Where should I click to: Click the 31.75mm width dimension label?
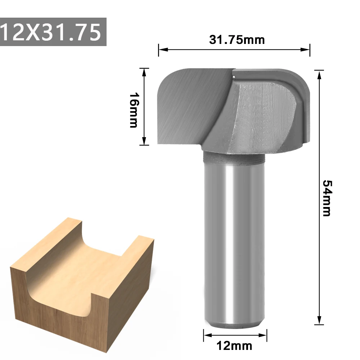[x=237, y=40]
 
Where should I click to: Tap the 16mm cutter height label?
[x=134, y=110]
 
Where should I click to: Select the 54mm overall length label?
[x=327, y=198]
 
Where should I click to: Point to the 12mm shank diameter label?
[x=234, y=346]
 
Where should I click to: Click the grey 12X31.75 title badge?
[x=53, y=32]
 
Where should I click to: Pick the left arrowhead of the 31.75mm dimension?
[x=163, y=49]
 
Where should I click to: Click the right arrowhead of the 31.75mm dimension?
[x=305, y=49]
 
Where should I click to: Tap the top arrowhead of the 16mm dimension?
[x=144, y=73]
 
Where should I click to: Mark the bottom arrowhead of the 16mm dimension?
[x=144, y=141]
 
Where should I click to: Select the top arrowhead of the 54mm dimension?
[x=319, y=75]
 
